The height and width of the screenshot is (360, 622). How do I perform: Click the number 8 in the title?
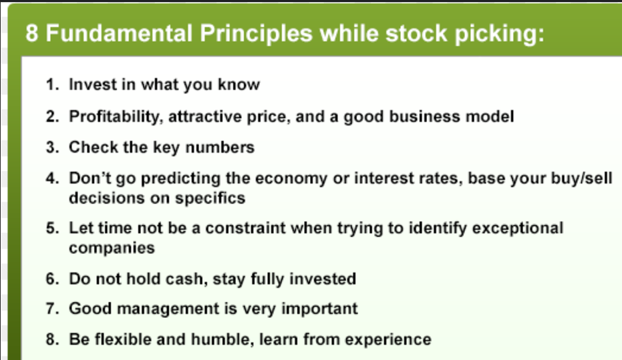(x=32, y=33)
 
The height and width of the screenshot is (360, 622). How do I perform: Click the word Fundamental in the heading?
(x=119, y=33)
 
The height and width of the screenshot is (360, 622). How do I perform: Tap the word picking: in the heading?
(x=500, y=33)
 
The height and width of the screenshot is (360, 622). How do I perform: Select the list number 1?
(x=52, y=84)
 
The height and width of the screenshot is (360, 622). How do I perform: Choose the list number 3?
(x=52, y=148)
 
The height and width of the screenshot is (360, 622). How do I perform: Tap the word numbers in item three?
(x=220, y=148)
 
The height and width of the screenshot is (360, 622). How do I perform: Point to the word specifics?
(x=210, y=198)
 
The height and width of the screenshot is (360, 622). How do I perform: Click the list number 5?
(x=52, y=228)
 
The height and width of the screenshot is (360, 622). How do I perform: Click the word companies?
(x=112, y=248)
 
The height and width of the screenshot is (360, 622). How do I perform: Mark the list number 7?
(x=52, y=309)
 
